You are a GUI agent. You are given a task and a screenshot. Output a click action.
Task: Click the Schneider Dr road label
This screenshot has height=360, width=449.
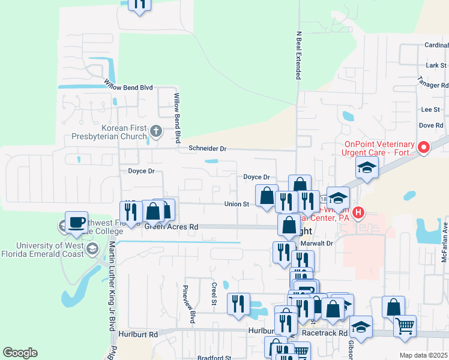coord(208,148)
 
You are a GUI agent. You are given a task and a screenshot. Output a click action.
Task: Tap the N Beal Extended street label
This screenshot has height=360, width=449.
coord(298,55)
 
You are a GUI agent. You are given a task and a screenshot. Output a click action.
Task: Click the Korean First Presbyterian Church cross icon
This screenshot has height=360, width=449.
coord(155,130)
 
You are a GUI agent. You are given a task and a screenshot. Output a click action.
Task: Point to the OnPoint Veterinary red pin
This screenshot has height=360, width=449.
coord(424,147)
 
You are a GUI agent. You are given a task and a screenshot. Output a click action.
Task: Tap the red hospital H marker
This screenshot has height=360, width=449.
coord(358,212)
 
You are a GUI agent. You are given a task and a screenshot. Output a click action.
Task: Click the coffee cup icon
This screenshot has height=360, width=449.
coord(77,222)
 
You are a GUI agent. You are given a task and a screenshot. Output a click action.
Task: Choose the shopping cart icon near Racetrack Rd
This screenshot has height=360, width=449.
coord(405,326)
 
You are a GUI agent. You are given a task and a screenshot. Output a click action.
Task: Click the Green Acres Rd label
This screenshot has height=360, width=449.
coord(171,227)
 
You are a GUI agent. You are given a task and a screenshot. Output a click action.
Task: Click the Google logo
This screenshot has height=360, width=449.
coord(20,353)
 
